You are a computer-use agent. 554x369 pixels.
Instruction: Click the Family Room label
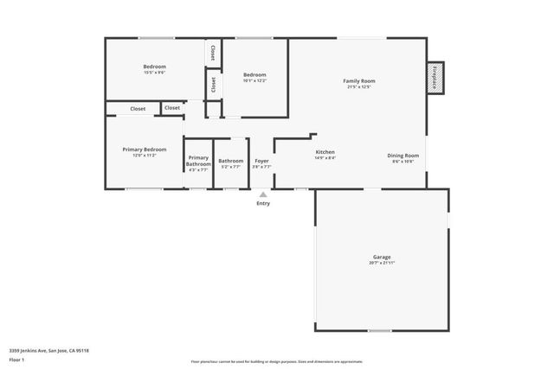[x=360, y=80]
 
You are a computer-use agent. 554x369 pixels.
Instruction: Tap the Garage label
[x=382, y=257]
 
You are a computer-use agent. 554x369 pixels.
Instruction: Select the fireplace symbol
[x=435, y=76]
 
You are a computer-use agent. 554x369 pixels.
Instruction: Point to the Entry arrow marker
[x=263, y=194]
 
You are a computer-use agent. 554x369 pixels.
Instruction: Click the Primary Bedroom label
[x=145, y=150]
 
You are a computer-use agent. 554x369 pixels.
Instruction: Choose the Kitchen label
[x=325, y=152]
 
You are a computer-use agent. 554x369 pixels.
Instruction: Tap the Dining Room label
[x=403, y=156]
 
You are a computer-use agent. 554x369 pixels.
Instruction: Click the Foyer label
[x=261, y=161]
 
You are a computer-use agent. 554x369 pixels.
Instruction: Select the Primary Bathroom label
[x=198, y=161]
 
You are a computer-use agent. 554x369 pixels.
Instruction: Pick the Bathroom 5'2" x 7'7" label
[x=231, y=161]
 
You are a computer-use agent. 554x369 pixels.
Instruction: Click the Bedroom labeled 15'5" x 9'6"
[x=154, y=67]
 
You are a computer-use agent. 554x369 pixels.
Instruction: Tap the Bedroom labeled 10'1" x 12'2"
[x=254, y=74]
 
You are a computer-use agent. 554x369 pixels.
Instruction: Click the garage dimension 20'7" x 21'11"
[x=382, y=263]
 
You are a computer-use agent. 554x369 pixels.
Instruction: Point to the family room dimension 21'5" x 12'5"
[x=360, y=86]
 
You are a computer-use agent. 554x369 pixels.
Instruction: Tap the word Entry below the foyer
[x=263, y=203]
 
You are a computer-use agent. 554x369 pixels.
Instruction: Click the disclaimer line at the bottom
[x=277, y=362]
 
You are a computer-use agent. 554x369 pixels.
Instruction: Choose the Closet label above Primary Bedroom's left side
[x=138, y=109]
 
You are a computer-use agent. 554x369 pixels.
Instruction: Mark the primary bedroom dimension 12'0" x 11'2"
[x=145, y=156]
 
